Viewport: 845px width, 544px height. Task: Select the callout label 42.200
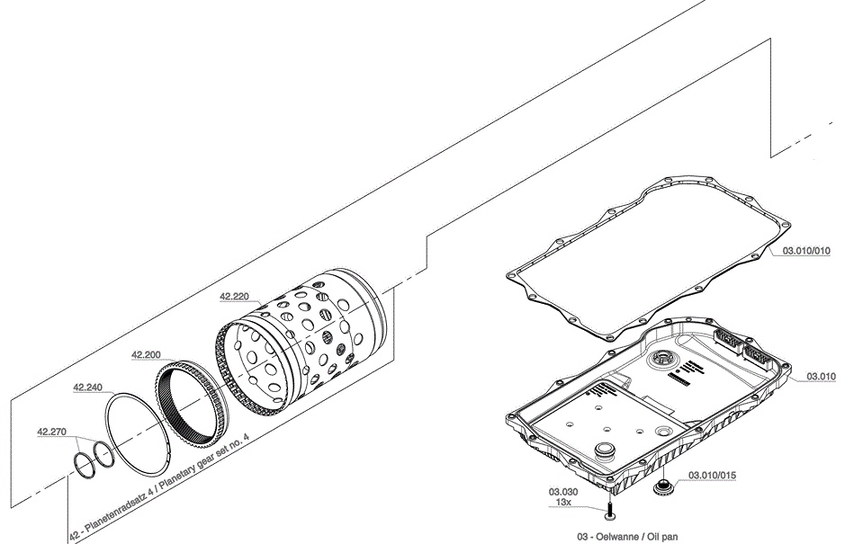click(x=146, y=355)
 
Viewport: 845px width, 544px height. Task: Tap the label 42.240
click(x=88, y=387)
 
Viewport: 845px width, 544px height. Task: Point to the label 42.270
click(x=52, y=432)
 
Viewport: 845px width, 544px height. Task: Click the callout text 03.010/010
click(x=805, y=252)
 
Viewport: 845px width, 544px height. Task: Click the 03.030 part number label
click(x=562, y=492)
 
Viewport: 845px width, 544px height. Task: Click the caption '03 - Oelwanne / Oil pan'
click(x=627, y=535)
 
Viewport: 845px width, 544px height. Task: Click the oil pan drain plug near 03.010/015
click(x=665, y=489)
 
